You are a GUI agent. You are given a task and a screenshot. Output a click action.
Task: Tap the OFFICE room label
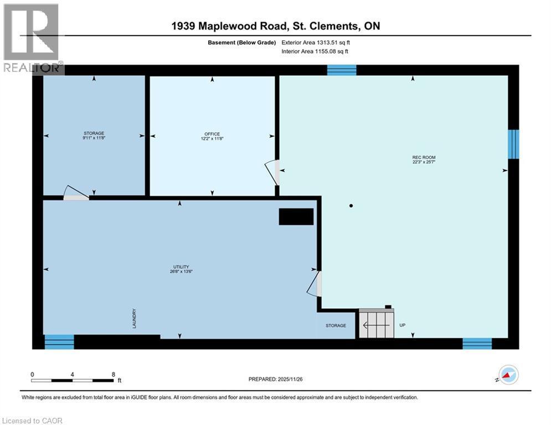pyautogui.click(x=212, y=134)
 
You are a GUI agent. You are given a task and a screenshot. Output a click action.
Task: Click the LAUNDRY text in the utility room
pyautogui.click(x=135, y=319)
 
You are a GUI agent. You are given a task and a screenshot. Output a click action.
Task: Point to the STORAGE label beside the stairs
pyautogui.click(x=336, y=325)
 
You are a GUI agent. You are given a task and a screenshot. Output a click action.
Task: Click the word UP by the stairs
pyautogui.click(x=403, y=325)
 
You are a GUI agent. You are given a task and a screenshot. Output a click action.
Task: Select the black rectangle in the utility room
pyautogui.click(x=296, y=216)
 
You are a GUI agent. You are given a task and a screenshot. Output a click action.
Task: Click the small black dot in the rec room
pyautogui.click(x=351, y=206)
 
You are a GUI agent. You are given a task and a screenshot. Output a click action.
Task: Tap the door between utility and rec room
pyautogui.click(x=315, y=284)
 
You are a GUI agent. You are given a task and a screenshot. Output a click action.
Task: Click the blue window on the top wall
pyautogui.click(x=341, y=70)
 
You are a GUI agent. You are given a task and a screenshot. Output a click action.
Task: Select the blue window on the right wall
pyautogui.click(x=513, y=144)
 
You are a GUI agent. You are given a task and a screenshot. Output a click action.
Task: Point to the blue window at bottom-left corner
pyautogui.click(x=59, y=342)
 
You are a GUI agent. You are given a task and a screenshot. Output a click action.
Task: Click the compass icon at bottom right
pyautogui.click(x=508, y=375)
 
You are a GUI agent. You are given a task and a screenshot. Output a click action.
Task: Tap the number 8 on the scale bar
pyautogui.click(x=114, y=374)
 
